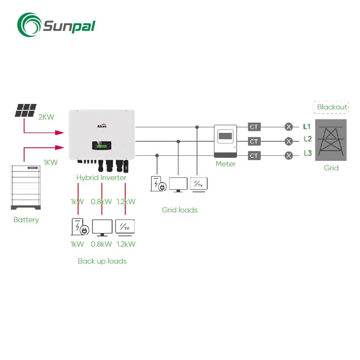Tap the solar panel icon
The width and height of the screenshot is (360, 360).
25,110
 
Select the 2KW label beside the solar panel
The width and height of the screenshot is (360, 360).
46,117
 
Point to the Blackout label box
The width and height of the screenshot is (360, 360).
332,107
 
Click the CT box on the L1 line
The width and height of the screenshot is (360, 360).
254,127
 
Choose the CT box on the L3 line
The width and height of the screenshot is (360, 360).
254,156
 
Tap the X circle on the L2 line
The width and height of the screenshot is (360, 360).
288,141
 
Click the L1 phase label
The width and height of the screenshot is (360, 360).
307,127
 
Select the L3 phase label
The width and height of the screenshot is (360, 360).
307,153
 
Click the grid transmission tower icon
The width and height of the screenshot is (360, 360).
331,140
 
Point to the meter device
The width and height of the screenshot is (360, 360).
225,141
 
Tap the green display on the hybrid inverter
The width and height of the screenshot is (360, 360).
100,146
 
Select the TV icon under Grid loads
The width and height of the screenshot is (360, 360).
199,184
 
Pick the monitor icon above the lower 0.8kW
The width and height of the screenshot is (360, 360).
102,227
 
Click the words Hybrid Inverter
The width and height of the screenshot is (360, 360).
101,177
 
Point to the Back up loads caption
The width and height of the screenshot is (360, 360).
102,261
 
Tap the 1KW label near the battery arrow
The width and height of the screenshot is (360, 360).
50,162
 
